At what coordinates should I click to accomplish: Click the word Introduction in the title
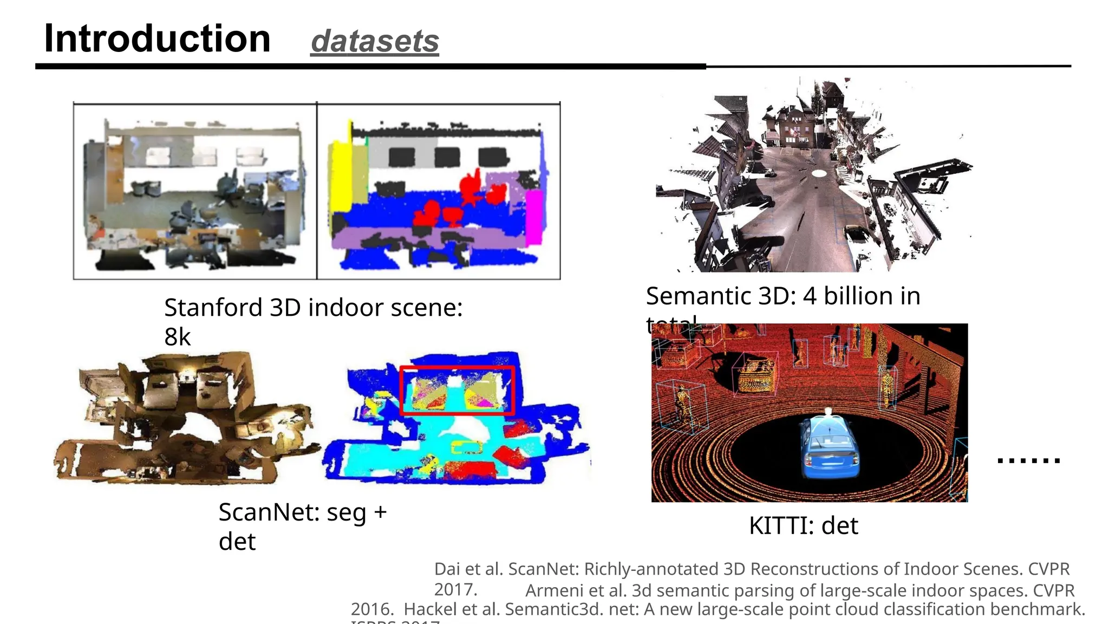click(157, 39)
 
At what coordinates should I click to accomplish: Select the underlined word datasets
click(375, 42)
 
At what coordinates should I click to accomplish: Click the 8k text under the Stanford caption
click(178, 337)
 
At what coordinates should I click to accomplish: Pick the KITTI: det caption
click(803, 525)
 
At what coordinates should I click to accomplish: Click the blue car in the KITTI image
click(829, 448)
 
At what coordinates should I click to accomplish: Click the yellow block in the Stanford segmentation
click(342, 173)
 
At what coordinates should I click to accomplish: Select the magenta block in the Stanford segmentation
click(534, 217)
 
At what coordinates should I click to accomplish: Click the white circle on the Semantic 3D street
click(819, 173)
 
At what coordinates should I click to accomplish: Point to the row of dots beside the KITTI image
click(1028, 460)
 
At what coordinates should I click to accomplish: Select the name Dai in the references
click(446, 569)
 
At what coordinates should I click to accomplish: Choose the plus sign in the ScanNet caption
click(380, 512)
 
